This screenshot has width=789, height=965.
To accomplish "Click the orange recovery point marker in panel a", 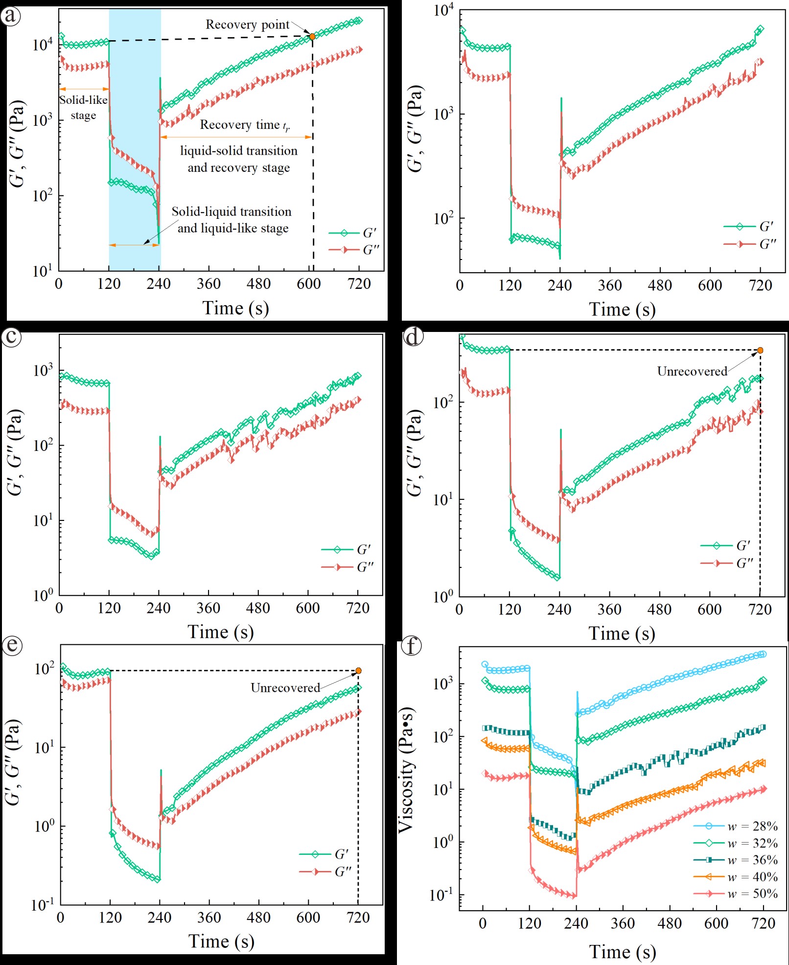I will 312,36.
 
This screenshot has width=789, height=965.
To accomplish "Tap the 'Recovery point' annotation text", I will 247,24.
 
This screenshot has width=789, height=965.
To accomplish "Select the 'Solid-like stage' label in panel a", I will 84,107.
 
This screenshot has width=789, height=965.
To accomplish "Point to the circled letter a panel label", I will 11,16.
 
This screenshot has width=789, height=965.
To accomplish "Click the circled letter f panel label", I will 411,646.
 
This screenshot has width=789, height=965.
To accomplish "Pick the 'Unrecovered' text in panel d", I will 692,371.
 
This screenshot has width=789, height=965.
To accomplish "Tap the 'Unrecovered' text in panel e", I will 285,688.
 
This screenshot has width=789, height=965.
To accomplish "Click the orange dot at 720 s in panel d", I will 760,350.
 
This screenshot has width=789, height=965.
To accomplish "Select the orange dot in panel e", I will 358,671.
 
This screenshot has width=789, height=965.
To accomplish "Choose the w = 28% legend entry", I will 736,826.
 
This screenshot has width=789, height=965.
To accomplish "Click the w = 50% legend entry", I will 736,894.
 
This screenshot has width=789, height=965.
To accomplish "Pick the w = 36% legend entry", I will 736,860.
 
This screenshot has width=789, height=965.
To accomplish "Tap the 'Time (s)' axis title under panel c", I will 221,632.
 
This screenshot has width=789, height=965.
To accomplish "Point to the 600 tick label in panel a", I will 309,284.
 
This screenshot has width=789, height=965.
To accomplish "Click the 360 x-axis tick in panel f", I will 623,923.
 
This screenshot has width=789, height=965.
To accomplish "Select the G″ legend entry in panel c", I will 348,567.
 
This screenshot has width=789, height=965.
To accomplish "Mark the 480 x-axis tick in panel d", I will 659,610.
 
